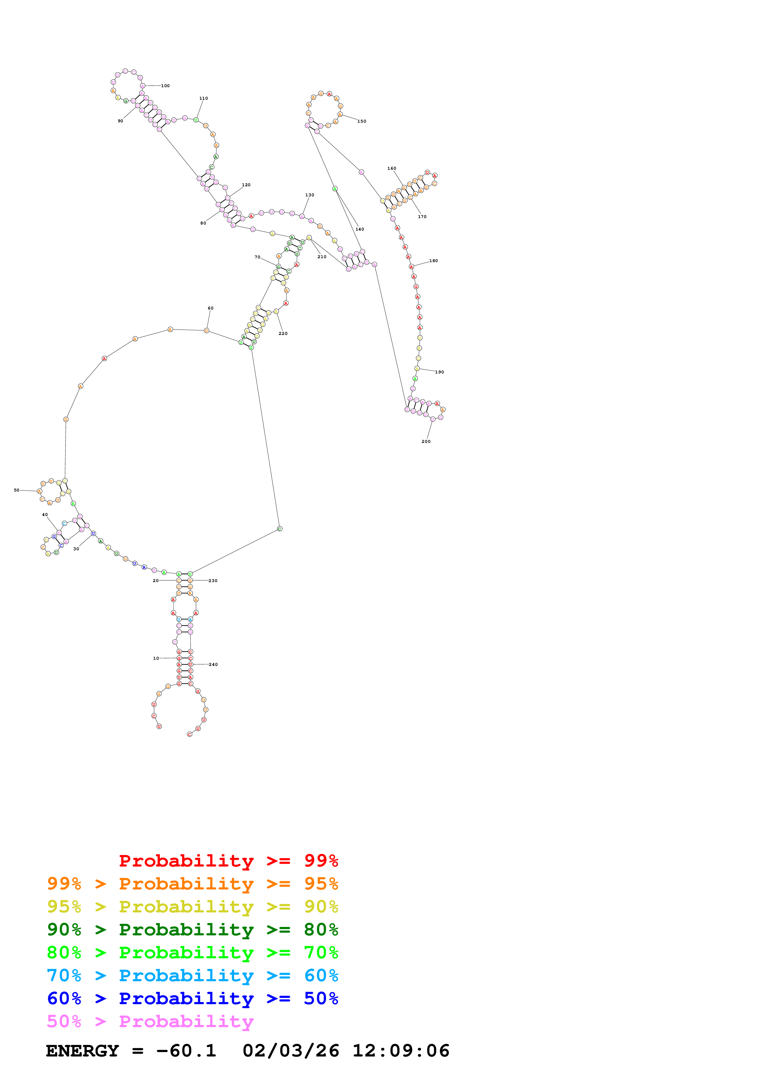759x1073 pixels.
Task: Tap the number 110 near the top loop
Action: pos(203,98)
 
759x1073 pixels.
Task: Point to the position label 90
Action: pos(120,121)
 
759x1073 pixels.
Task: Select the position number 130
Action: pos(310,195)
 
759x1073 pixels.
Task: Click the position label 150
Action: pos(362,121)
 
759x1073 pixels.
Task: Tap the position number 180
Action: pos(434,261)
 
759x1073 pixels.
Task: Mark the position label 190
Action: pos(440,373)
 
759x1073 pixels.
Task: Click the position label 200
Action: pos(426,442)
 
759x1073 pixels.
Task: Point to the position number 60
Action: pos(210,308)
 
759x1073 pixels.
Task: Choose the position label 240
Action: pos(213,665)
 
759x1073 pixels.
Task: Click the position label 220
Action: pos(283,334)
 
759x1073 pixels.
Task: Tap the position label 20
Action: pos(156,581)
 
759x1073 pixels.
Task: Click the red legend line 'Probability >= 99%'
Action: pos(228,860)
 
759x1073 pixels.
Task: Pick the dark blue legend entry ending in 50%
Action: pos(192,998)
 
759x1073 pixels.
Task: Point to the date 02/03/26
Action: pos(291,1051)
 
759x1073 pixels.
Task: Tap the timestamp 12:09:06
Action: pos(401,1051)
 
